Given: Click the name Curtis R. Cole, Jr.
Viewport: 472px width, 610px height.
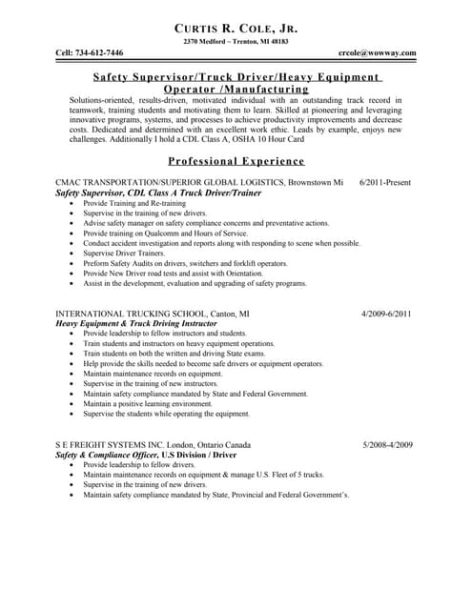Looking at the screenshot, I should coord(236,30).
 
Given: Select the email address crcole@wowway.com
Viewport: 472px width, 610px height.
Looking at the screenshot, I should coord(378,52).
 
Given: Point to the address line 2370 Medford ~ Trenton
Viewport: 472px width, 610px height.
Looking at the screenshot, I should coord(236,43).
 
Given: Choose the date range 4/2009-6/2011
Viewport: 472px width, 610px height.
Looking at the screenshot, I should coord(387,313).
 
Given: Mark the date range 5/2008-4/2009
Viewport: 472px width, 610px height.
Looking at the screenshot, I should coord(387,444).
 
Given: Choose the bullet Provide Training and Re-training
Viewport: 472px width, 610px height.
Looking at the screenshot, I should coord(134,203).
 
